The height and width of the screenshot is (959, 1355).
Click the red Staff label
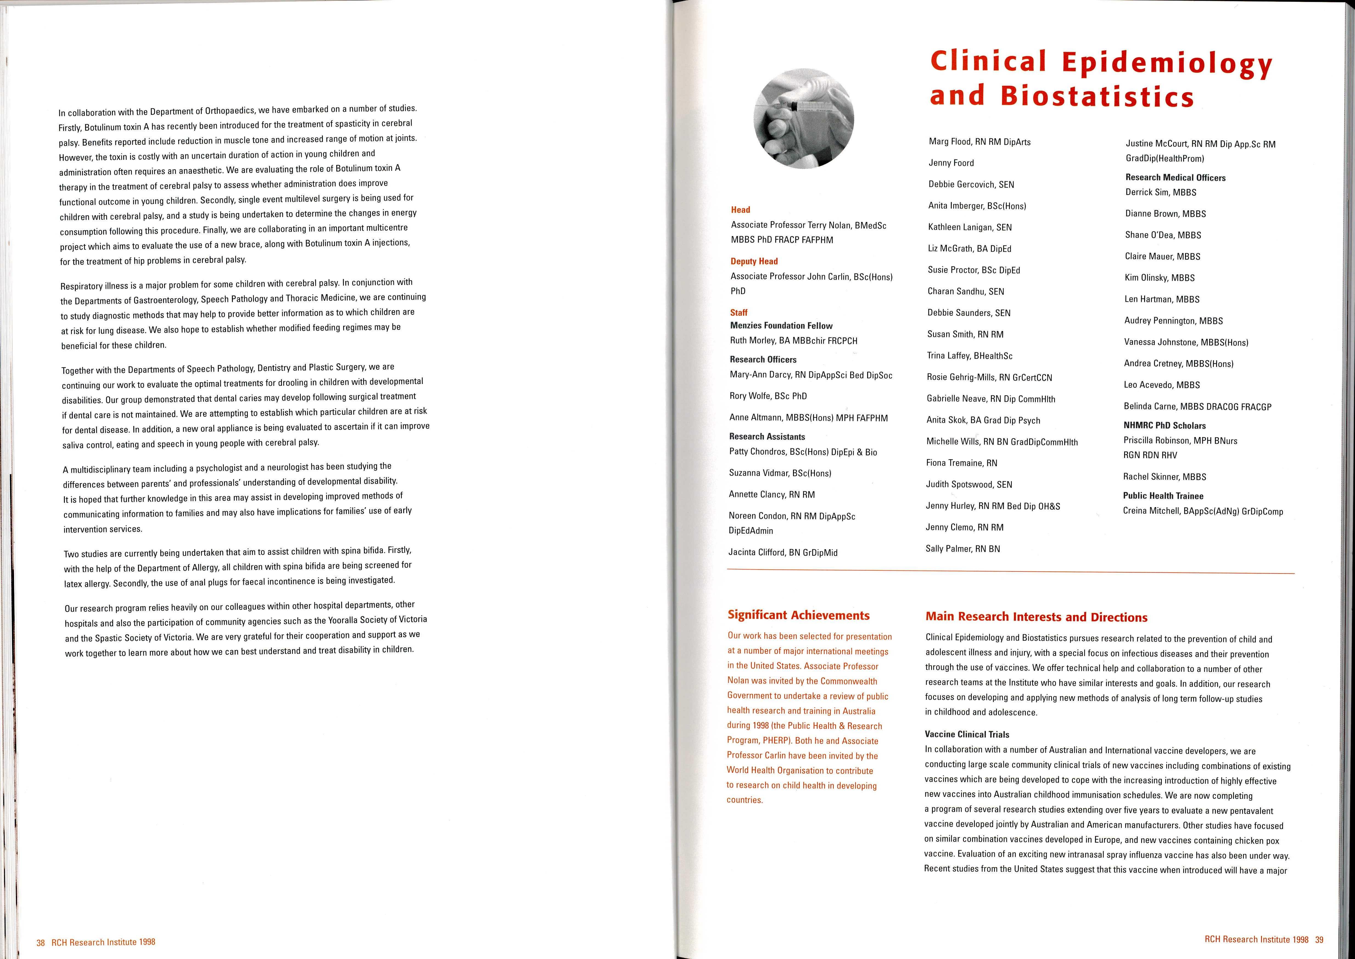(739, 312)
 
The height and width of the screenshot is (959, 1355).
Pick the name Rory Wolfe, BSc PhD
(768, 396)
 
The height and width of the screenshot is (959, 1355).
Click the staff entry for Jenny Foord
(951, 163)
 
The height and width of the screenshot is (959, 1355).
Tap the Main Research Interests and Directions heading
(1036, 617)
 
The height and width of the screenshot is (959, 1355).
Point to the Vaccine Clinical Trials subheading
(966, 735)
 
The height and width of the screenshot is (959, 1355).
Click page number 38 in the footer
(40, 943)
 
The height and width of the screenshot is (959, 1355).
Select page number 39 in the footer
(1319, 940)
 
